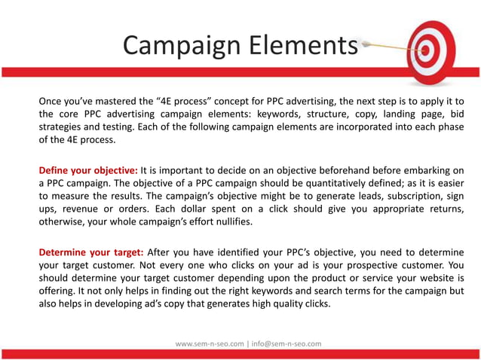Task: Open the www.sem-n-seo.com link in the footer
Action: pos(210,343)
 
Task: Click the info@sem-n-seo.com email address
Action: pos(285,343)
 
